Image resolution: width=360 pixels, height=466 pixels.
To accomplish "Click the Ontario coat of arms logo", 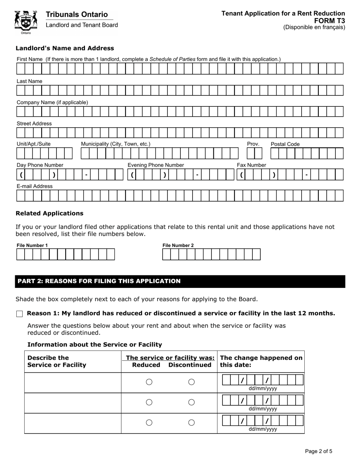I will [x=26, y=22].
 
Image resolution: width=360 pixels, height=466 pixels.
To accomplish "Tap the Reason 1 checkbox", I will [x=20, y=314].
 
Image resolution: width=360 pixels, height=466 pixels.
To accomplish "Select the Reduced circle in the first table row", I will [x=149, y=382].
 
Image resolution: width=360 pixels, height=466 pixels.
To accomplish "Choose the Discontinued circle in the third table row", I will [x=191, y=422].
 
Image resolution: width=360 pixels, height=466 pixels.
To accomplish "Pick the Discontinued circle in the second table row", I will [x=191, y=402].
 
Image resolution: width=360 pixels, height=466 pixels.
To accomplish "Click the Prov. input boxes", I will [x=254, y=153].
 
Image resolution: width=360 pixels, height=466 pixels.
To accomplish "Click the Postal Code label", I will [x=285, y=144].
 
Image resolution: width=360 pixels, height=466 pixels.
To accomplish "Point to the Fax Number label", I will [x=251, y=165].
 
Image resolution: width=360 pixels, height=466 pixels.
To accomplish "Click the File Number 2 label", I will [x=178, y=245].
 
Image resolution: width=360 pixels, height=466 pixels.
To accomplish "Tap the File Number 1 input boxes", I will [x=65, y=254].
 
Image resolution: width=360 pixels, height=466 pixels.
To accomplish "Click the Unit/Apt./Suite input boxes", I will [x=44, y=153].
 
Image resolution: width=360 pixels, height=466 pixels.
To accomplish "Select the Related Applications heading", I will [x=49, y=213].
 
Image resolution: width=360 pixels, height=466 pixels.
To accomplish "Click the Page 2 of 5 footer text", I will [x=319, y=451].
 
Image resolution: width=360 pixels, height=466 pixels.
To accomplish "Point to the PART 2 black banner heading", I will [x=180, y=281].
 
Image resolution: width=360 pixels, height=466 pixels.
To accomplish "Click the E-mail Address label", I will [x=34, y=186].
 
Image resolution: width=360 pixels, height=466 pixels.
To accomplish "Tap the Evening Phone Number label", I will [x=155, y=165].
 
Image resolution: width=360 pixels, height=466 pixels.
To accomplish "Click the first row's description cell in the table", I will [x=73, y=382].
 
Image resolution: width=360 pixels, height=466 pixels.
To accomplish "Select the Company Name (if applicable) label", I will [x=52, y=102].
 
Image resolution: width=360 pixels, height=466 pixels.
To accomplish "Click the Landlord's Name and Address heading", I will [x=64, y=48].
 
